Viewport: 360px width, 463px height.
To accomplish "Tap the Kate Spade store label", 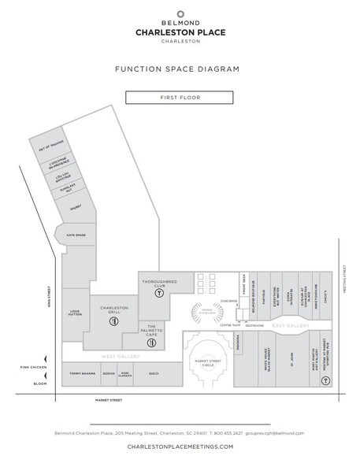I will click(x=76, y=235).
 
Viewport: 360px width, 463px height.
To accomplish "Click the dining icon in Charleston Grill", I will click(x=115, y=321).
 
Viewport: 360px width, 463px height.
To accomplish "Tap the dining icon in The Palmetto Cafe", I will click(x=154, y=342).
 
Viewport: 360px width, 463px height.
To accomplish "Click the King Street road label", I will click(x=55, y=299).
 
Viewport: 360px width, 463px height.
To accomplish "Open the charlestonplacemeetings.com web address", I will click(x=180, y=446).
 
